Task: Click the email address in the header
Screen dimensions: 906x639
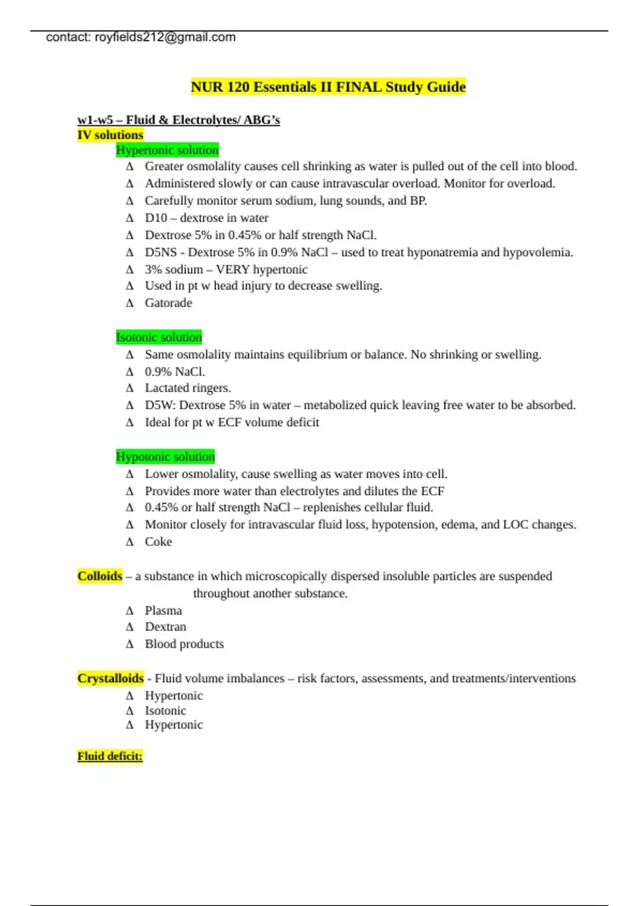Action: [x=165, y=37]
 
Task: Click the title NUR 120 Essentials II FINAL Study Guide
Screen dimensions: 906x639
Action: [x=328, y=87]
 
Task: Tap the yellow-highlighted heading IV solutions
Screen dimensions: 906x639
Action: [x=110, y=135]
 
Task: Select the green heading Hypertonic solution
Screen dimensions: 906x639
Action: [x=167, y=150]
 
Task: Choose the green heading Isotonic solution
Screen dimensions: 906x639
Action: [x=159, y=337]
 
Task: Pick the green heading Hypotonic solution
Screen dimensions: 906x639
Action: [x=165, y=457]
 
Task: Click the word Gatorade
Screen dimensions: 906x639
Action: [x=168, y=303]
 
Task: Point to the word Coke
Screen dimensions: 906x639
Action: [x=158, y=541]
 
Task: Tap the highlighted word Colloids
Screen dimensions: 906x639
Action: [x=100, y=576]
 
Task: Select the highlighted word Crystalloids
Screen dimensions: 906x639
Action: [x=110, y=678]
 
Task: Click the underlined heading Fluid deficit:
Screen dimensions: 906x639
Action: [x=110, y=756]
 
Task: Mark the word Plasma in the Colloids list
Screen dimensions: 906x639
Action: [x=163, y=610]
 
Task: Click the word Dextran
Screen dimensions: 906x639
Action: [x=165, y=627]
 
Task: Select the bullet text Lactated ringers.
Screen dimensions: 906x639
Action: [x=187, y=388]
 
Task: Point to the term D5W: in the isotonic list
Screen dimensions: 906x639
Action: [x=160, y=405]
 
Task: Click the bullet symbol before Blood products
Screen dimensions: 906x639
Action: [x=129, y=644]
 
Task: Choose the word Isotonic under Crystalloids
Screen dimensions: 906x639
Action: [x=165, y=710]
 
